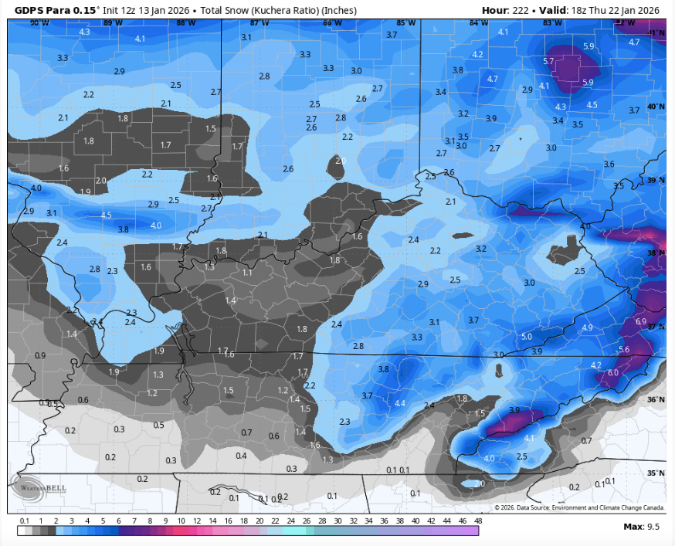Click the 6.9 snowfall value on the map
click(x=640, y=320)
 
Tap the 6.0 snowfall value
click(x=613, y=372)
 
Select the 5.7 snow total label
click(x=549, y=61)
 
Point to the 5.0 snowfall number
click(x=527, y=337)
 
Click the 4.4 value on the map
click(x=399, y=403)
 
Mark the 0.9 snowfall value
click(x=41, y=355)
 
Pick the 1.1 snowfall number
click(x=247, y=273)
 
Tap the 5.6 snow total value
click(x=624, y=350)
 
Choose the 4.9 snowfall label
click(x=587, y=328)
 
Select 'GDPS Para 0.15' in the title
click(x=49, y=11)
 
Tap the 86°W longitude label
click(x=333, y=23)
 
